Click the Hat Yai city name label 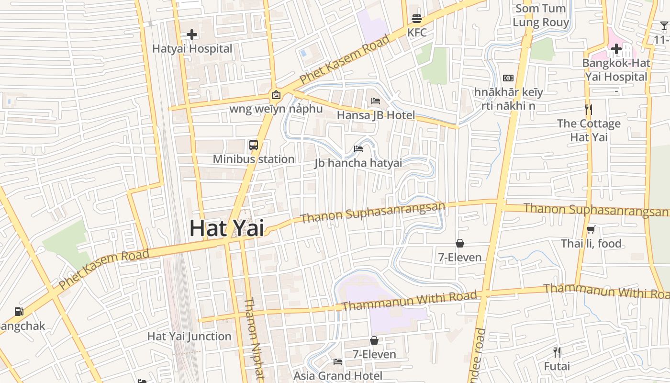(226, 228)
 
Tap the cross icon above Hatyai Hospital (192, 34)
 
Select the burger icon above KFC (416, 19)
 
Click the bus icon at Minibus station (254, 145)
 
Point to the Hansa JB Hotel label (376, 115)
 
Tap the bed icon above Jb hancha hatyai (358, 148)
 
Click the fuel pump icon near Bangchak (19, 312)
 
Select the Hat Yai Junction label (189, 337)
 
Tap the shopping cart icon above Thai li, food (591, 230)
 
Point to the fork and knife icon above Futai (557, 352)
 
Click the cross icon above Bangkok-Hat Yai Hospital (616, 49)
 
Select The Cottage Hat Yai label (589, 130)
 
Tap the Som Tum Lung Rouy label (541, 15)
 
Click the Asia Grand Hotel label (338, 376)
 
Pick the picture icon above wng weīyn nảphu (276, 95)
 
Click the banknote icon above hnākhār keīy (508, 78)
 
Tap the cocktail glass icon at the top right (664, 26)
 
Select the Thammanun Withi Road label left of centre (410, 300)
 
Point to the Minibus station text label (254, 159)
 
